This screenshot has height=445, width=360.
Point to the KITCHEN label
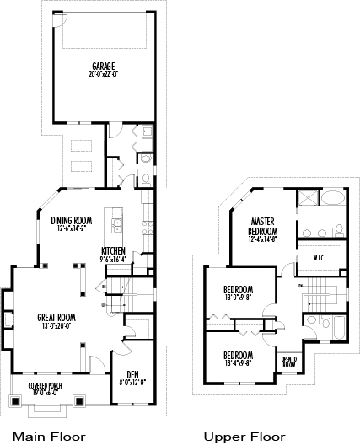click(114, 250)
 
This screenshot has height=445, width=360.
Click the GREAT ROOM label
click(56, 317)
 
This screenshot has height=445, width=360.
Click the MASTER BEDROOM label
click(263, 225)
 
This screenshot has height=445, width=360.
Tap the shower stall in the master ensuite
click(307, 201)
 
